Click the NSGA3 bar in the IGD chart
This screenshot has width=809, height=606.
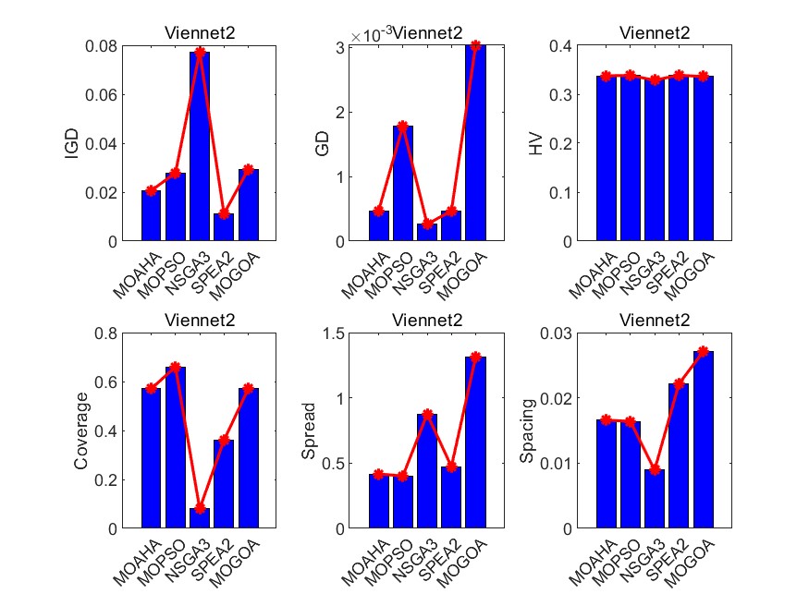pos(200,148)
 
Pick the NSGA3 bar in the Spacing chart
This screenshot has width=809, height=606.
pos(655,499)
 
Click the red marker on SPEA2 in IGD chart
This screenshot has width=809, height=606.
pos(224,213)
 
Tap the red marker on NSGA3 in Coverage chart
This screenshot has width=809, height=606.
pos(200,508)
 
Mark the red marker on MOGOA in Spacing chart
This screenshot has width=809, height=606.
pos(703,352)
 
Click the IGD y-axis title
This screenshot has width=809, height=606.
pos(71,143)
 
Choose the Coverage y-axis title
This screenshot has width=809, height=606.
pos(81,430)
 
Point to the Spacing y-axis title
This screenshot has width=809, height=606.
pos(527,430)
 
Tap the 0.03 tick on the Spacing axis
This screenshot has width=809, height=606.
pos(568,333)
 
